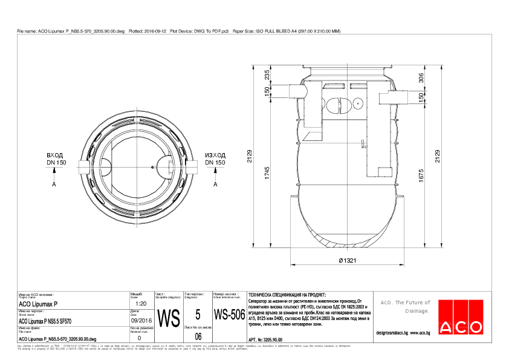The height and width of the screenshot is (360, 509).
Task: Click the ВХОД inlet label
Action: [55, 155]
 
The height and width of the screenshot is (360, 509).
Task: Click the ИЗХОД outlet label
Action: [215, 155]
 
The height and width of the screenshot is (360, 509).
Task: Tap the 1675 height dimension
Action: [421, 175]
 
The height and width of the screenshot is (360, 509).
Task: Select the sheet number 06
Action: [198, 336]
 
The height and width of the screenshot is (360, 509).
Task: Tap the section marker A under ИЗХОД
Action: [216, 184]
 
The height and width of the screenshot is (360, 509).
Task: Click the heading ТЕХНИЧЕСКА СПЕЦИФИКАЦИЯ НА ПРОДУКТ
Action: [283, 293]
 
